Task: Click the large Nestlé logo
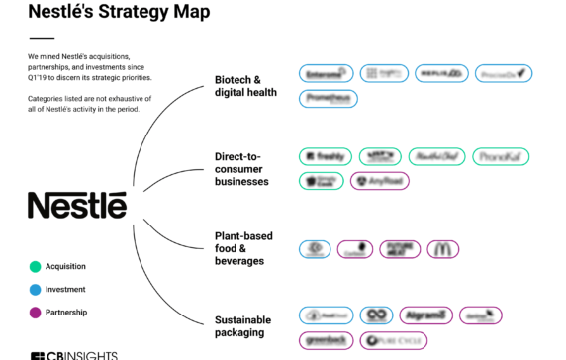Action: click(x=77, y=205)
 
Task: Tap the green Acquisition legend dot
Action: click(x=35, y=266)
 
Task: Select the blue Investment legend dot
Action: click(x=35, y=289)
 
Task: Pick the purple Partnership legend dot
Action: click(x=35, y=313)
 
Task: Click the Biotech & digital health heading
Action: click(x=245, y=86)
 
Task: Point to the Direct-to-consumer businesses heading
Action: click(x=241, y=169)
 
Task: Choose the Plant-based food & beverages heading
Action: click(x=243, y=249)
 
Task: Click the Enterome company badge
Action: click(x=327, y=73)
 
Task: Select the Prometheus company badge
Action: click(x=328, y=98)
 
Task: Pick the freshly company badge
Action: click(x=326, y=156)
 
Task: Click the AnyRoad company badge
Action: click(x=381, y=181)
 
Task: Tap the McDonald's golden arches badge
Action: click(x=443, y=249)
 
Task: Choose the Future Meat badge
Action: click(x=400, y=249)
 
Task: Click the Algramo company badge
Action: click(x=427, y=315)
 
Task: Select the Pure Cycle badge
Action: click(x=387, y=340)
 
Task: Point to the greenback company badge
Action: click(x=326, y=340)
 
